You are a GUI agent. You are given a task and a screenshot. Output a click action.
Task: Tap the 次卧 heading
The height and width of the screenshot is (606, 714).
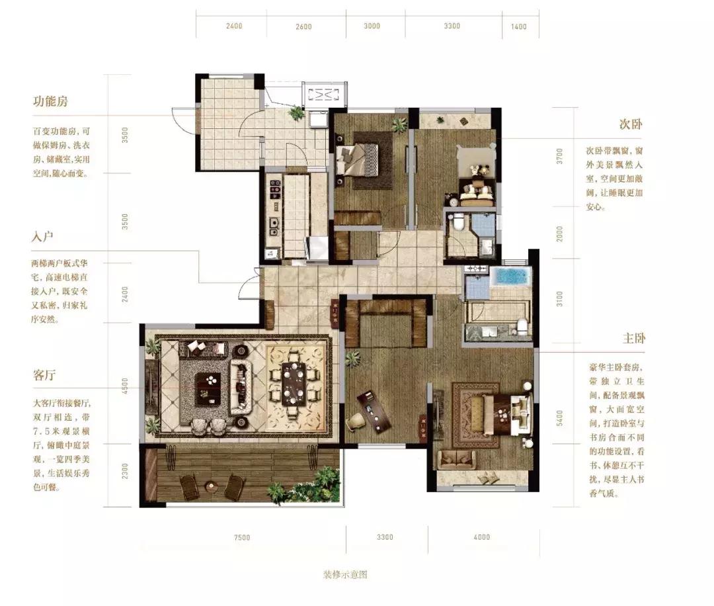631,124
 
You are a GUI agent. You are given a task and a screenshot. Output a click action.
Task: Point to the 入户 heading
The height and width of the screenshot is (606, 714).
42,236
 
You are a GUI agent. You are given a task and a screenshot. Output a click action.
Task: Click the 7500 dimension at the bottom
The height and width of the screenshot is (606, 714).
242,537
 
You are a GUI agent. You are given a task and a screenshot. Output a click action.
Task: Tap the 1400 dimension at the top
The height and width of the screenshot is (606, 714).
519,26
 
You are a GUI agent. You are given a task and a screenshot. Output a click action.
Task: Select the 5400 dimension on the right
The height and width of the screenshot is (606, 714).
559,417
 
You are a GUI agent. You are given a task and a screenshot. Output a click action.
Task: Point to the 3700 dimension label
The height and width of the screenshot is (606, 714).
559,156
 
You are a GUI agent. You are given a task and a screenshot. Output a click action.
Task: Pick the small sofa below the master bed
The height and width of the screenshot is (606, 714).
455,458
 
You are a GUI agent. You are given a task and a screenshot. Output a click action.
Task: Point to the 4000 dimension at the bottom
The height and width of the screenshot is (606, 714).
482,537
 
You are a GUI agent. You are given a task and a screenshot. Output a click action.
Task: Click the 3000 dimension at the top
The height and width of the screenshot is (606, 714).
372,26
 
